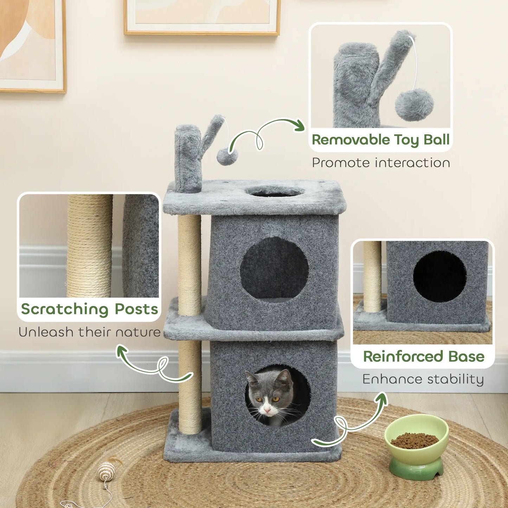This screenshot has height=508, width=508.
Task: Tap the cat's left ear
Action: pyautogui.click(x=252, y=379)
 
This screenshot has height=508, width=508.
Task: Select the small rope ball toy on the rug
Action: pyautogui.click(x=107, y=471)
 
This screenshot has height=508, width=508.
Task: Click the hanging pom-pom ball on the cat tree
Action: pyautogui.click(x=227, y=156)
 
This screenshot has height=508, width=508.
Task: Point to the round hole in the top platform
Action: pyautogui.click(x=275, y=192)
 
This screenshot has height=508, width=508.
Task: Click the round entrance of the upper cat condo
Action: pyautogui.click(x=274, y=268)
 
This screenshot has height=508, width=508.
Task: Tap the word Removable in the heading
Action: pyautogui.click(x=351, y=140)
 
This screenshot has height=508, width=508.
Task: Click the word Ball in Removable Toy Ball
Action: pyautogui.click(x=436, y=140)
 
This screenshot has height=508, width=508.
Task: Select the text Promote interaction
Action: pyautogui.click(x=381, y=163)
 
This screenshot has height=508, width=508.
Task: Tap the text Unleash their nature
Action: pyautogui.click(x=90, y=332)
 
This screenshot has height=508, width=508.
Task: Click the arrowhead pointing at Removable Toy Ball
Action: pyautogui.click(x=300, y=126)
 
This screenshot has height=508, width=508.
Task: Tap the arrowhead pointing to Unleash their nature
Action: pyautogui.click(x=122, y=350)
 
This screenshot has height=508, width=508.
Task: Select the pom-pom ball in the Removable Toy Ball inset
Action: pyautogui.click(x=414, y=105)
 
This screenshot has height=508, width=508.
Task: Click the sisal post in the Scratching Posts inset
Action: pyautogui.click(x=90, y=246)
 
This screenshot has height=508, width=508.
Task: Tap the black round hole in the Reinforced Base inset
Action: pyautogui.click(x=439, y=276)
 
